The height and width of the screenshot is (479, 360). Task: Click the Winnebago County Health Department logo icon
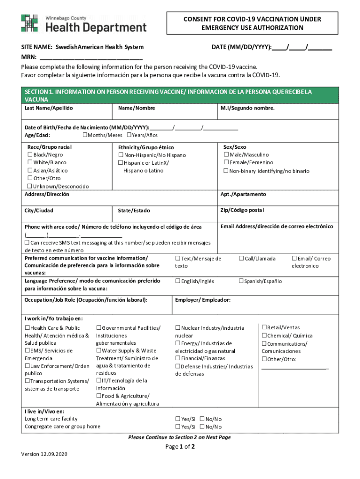[29, 23]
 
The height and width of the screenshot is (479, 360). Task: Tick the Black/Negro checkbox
[30, 155]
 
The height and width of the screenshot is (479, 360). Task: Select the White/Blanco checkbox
[30, 163]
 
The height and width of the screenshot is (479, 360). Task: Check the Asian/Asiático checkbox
[30, 171]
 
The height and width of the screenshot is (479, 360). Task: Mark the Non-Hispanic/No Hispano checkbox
[121, 155]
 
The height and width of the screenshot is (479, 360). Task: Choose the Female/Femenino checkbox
[226, 163]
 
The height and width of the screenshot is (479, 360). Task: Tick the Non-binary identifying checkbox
[226, 171]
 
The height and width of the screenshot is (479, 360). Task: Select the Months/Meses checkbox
[85, 135]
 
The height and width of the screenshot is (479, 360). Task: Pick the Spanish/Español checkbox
[241, 281]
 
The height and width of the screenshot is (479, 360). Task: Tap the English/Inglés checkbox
[178, 281]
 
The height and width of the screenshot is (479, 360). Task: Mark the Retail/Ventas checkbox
[264, 327]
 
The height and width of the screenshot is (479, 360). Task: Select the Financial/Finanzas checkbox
[178, 358]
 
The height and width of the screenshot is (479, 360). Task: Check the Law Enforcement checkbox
[27, 366]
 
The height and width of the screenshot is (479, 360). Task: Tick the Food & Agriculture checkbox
[99, 396]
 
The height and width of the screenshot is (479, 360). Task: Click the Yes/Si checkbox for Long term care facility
[178, 419]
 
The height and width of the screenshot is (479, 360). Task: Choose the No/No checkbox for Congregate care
[202, 427]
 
